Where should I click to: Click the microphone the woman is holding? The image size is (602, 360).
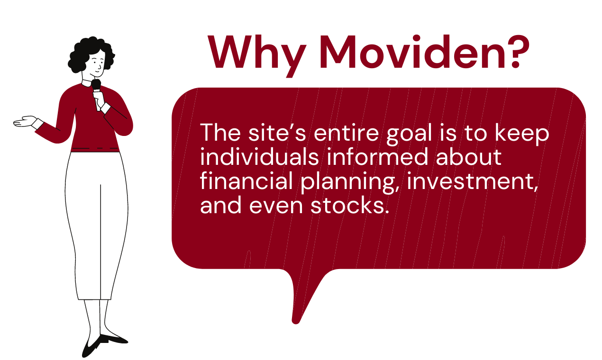(x=96, y=88)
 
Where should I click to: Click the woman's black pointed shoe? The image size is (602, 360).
(x=113, y=338)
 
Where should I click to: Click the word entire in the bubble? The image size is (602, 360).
(x=342, y=133)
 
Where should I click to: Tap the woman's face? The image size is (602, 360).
(x=97, y=64)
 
